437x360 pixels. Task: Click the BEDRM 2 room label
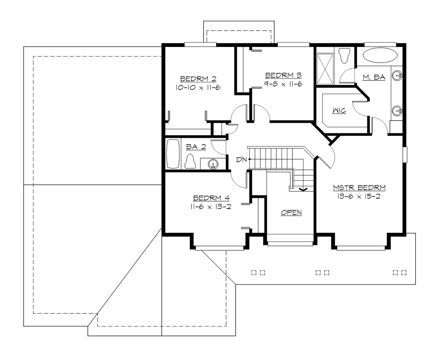point(198,79)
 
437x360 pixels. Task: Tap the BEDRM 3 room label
point(283,75)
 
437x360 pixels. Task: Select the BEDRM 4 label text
point(211,198)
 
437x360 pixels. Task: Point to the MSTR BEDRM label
point(359,188)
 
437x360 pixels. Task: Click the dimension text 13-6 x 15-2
point(359,196)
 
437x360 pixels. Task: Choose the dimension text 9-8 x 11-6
point(283,84)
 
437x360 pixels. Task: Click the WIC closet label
point(339,111)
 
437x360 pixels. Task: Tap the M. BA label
point(374,77)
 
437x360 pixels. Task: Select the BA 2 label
point(196,147)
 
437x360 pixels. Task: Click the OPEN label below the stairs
point(291,213)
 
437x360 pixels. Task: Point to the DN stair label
point(241,159)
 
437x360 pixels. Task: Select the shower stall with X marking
point(325,69)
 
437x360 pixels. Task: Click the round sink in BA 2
point(213,165)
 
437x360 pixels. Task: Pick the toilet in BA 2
point(190,161)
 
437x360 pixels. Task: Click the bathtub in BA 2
point(173,153)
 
